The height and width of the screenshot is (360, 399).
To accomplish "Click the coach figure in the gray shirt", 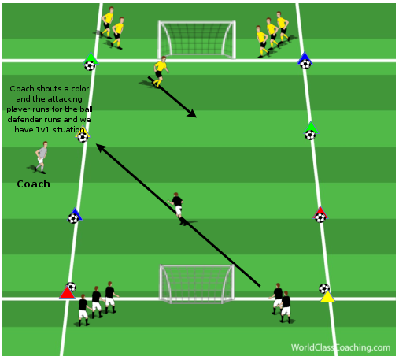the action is [x=40, y=158].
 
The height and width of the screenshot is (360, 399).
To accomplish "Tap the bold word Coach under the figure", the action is [x=33, y=184].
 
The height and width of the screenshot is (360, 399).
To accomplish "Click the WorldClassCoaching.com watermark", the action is [x=341, y=347].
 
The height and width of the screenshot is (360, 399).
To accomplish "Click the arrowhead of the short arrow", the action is [x=192, y=113].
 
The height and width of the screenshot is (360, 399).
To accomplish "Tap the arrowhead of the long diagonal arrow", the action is [x=101, y=147].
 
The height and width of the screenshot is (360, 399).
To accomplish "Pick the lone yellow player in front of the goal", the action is [x=160, y=72].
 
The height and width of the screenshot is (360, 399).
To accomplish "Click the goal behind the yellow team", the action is [x=197, y=39].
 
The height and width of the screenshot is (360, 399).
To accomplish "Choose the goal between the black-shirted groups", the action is [x=197, y=284].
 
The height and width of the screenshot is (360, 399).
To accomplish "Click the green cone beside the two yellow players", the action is [x=91, y=58].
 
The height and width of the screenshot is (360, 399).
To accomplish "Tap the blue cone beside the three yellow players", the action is [x=305, y=58].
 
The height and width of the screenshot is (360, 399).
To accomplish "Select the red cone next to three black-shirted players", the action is [x=67, y=292].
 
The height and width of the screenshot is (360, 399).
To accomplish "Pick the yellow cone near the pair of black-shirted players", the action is [x=327, y=296].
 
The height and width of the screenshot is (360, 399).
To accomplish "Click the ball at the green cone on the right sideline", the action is [x=310, y=135].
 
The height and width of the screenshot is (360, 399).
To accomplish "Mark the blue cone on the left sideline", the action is [x=76, y=213].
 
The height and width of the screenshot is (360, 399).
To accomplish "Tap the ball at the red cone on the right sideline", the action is [x=320, y=218].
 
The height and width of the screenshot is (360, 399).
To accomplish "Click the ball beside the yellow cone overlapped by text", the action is [x=83, y=137].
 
